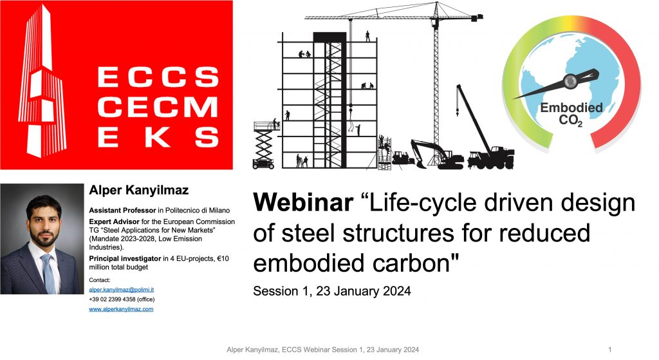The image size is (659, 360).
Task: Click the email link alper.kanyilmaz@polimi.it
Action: coord(121,290)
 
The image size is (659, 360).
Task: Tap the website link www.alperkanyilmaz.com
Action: coord(121,309)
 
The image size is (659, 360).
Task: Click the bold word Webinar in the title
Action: coord(303,203)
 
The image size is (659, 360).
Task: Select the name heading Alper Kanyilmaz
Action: coord(139,191)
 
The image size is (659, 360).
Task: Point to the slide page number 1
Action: coord(610,350)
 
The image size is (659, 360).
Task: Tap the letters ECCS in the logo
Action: coord(158,77)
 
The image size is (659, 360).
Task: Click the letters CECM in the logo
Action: coord(158,107)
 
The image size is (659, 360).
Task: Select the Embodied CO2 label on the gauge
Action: coord(571,114)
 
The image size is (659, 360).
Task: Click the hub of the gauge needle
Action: coord(570,81)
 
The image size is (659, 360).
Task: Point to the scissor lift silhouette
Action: coord(265,145)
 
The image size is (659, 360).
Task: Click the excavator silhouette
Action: coord(436,155)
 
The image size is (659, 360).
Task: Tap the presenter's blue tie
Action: coord(48,273)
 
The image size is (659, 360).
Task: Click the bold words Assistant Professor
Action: coord(122,211)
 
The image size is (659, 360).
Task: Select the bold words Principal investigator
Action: coord(125,259)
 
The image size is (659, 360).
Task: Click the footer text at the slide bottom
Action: coord(323,350)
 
